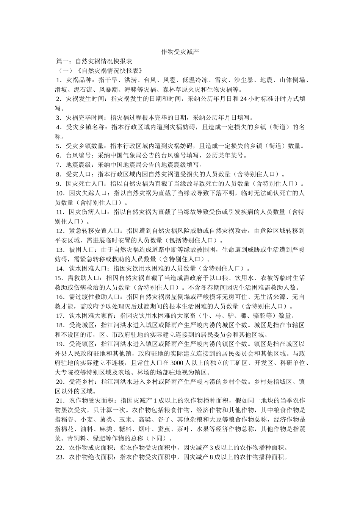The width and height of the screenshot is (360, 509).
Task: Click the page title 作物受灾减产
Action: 180,52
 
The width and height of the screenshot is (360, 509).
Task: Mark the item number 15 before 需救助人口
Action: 58,278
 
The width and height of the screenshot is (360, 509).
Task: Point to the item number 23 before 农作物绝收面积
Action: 60,457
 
